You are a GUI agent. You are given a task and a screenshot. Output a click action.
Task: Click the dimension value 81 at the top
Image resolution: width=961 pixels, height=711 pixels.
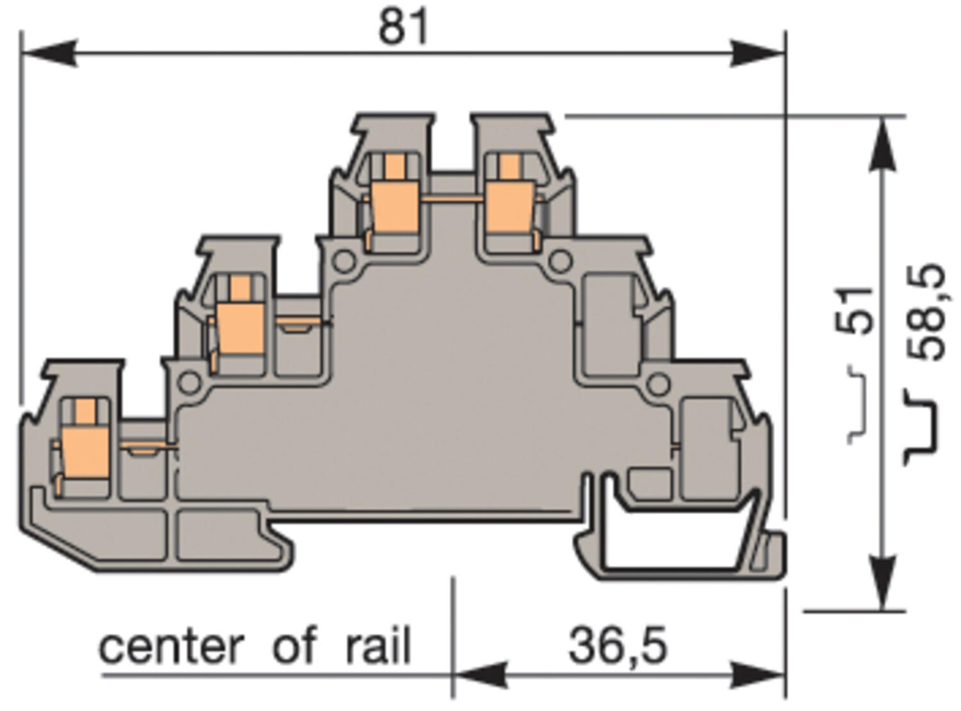[403, 27]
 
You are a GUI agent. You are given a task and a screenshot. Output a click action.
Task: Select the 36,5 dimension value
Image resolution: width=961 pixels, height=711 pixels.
[618, 646]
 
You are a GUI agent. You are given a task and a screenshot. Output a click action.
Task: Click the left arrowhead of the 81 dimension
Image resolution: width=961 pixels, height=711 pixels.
[48, 53]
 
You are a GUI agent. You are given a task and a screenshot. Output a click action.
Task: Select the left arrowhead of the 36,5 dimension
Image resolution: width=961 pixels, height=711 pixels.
[481, 674]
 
